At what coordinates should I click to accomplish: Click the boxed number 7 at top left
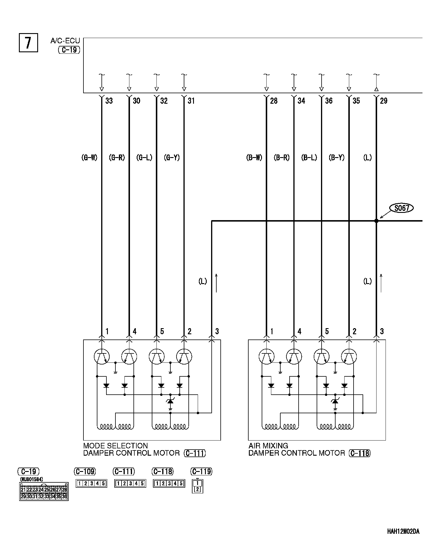(28, 43)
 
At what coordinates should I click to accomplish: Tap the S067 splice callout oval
(402, 208)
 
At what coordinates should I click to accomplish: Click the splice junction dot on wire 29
(376, 221)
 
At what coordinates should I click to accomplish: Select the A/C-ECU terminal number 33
(109, 101)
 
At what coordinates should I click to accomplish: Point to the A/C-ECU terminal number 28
(274, 101)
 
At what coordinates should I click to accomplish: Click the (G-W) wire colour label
(89, 158)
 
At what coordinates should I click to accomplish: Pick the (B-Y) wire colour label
(336, 158)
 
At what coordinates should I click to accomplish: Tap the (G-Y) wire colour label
(172, 158)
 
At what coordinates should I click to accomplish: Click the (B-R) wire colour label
(281, 158)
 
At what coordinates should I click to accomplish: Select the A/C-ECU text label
(65, 41)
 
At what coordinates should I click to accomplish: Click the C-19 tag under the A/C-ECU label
(69, 50)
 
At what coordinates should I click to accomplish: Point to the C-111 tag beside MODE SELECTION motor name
(195, 453)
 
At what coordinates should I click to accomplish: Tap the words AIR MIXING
(268, 446)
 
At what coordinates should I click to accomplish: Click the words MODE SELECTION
(115, 446)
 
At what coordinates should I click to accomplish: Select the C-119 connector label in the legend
(201, 471)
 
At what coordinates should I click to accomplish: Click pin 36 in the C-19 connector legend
(65, 497)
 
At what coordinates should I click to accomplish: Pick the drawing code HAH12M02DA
(403, 531)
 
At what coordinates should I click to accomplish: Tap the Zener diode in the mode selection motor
(170, 401)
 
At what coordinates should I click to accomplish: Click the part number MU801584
(31, 479)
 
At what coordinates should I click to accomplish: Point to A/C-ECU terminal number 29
(384, 101)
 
